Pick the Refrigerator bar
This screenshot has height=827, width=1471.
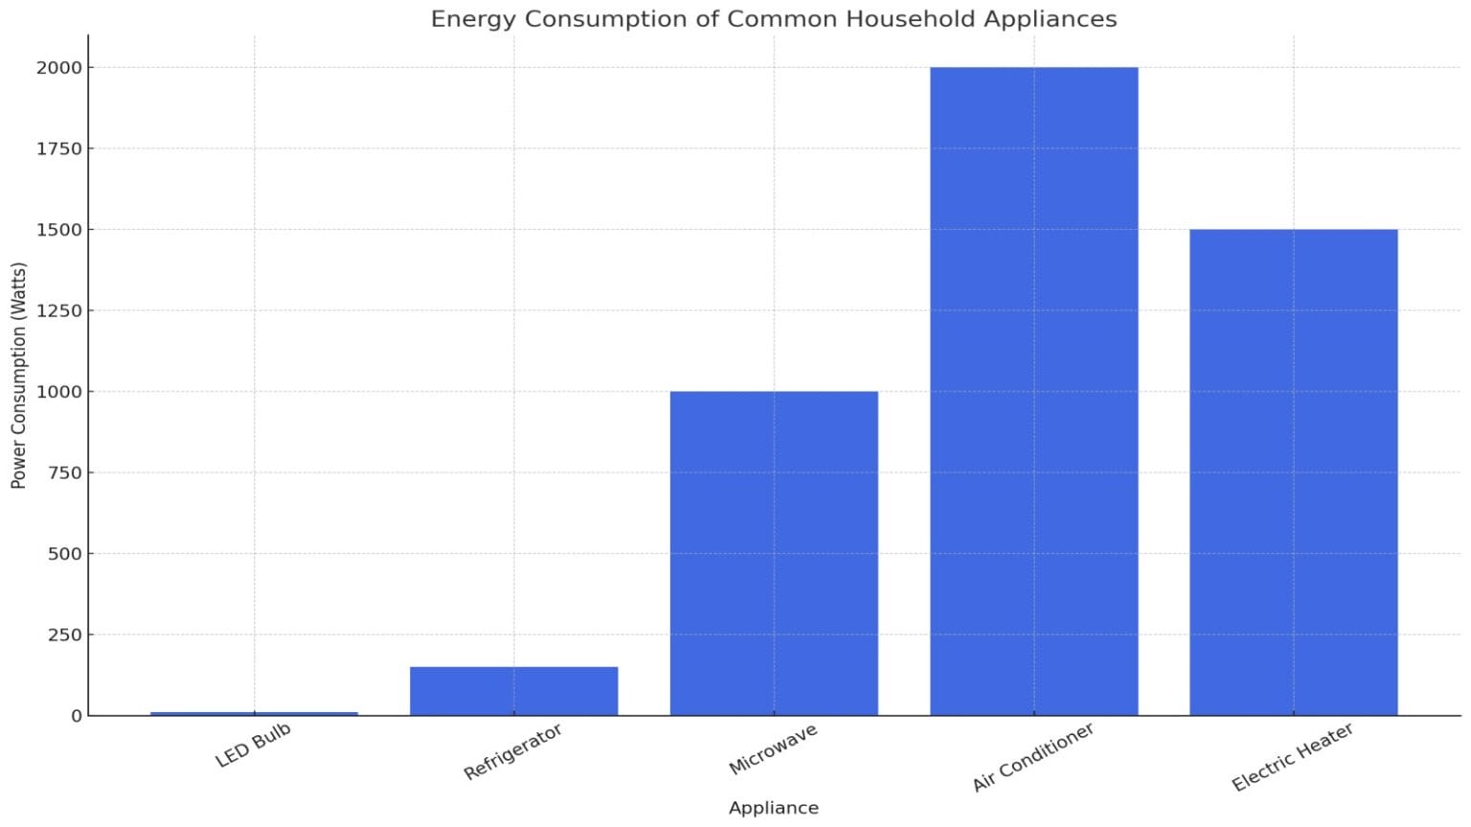point(513,691)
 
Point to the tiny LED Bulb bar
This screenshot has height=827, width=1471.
point(254,713)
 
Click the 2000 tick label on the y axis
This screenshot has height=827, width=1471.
point(59,68)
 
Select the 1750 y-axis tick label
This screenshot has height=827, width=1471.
point(59,148)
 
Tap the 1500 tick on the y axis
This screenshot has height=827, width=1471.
point(59,230)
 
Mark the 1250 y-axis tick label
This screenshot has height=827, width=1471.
point(59,311)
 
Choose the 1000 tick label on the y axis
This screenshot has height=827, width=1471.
point(59,391)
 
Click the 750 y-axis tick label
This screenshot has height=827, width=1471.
point(65,473)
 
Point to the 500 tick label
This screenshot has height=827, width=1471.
point(65,553)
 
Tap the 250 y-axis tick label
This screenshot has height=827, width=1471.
point(65,635)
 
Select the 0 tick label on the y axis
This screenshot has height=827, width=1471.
point(77,716)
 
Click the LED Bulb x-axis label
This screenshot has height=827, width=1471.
point(253,746)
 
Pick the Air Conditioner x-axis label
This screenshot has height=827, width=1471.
point(1032,758)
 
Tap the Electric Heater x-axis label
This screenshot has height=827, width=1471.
point(1292,757)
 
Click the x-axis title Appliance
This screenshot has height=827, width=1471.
point(773,808)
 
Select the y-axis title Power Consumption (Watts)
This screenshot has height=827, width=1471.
point(18,375)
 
